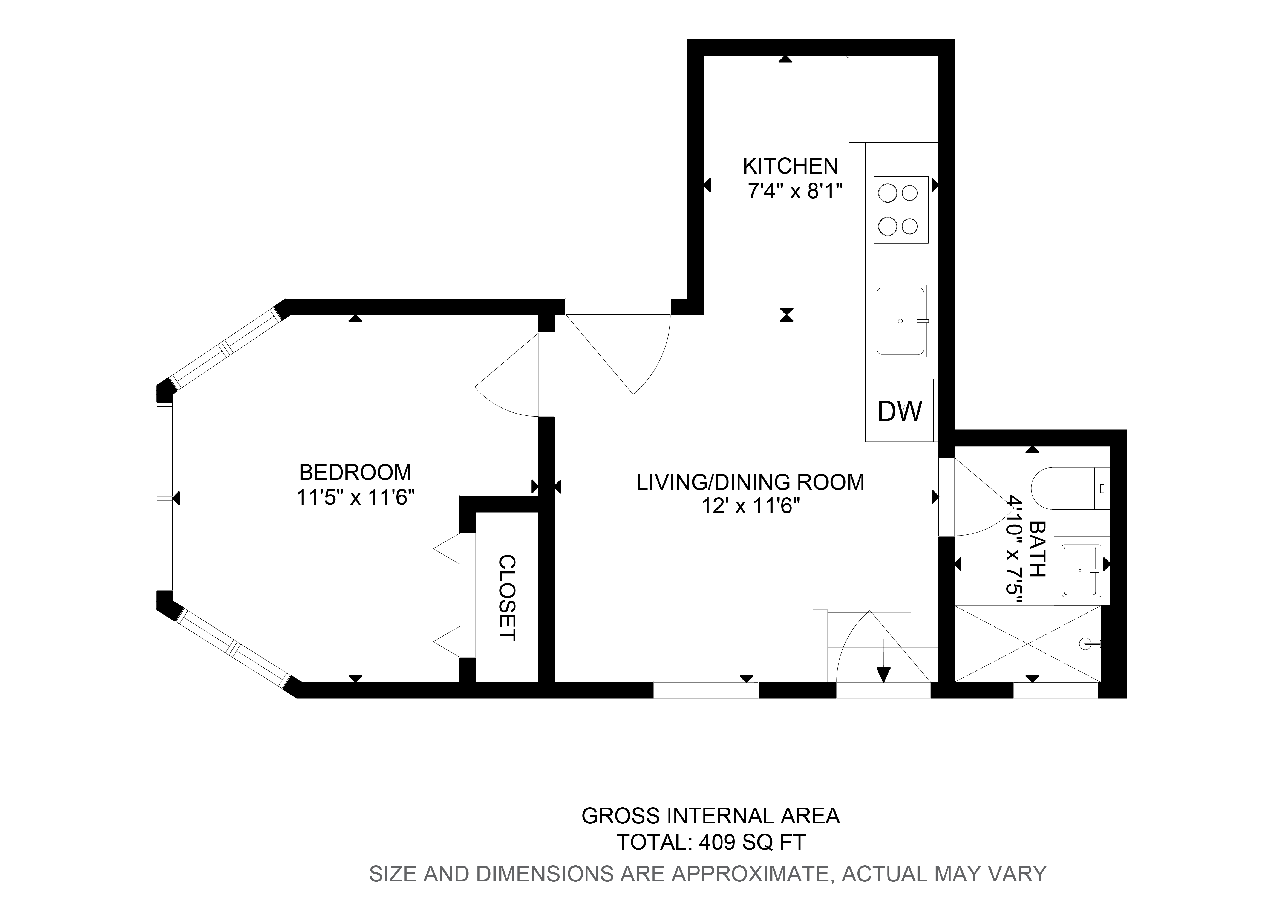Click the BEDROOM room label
[356, 473]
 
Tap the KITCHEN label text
[790, 166]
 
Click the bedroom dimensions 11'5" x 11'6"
[356, 497]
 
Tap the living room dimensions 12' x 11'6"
[751, 506]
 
